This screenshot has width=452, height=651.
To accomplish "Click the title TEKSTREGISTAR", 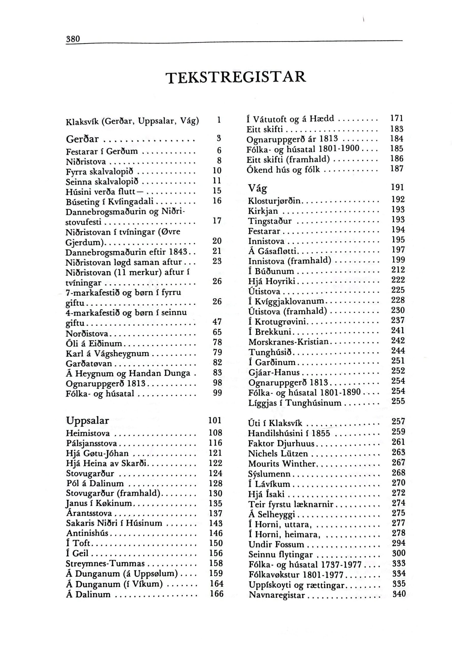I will click(237, 77).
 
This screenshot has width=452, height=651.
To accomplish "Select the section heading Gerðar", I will click(82, 139).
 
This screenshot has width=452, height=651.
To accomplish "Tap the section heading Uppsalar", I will click(87, 420).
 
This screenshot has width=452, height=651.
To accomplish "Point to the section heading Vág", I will click(258, 188).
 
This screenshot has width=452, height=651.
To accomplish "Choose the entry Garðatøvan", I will click(89, 364).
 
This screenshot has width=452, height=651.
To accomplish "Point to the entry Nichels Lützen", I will click(278, 454).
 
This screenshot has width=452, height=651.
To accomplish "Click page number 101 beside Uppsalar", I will click(215, 420).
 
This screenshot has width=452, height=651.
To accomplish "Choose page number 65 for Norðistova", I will click(217, 332).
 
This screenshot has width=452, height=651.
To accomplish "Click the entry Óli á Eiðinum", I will click(94, 344).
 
